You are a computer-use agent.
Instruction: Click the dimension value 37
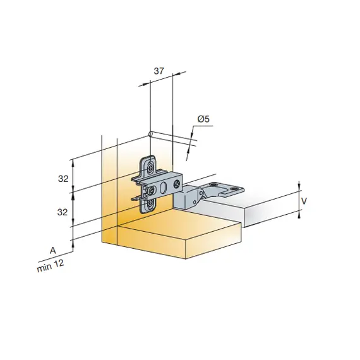click(159, 71)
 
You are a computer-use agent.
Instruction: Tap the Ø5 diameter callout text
click(203, 119)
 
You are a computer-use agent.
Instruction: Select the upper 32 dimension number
click(63, 178)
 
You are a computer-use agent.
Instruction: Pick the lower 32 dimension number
click(63, 212)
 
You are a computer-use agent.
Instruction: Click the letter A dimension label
click(53, 250)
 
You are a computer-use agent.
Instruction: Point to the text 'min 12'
click(51, 266)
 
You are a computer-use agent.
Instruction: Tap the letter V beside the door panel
click(304, 201)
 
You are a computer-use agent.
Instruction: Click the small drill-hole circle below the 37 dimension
click(150, 134)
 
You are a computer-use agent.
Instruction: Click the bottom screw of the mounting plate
click(150, 203)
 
